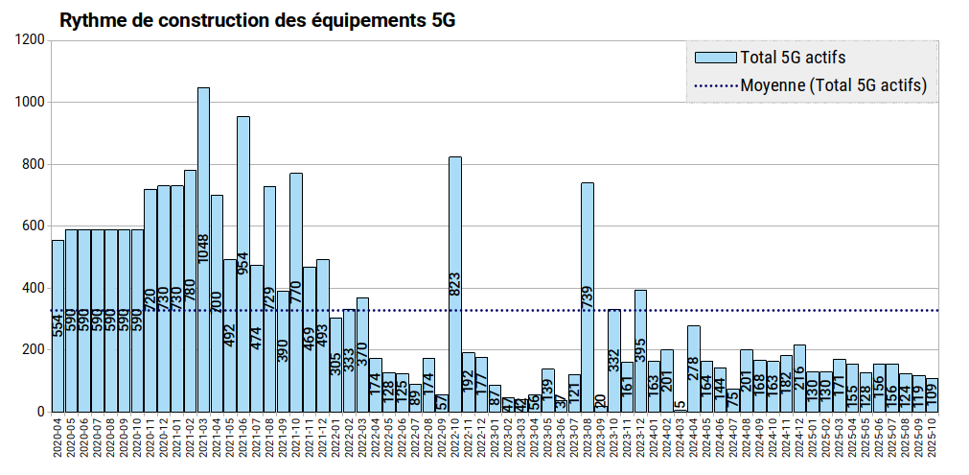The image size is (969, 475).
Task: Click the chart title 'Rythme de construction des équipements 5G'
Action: pyautogui.click(x=257, y=19)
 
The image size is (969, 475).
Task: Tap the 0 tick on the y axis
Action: pyautogui.click(x=40, y=412)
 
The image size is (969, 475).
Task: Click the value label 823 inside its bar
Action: pyautogui.click(x=455, y=284)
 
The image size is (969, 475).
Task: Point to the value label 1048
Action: pyautogui.click(x=203, y=248)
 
